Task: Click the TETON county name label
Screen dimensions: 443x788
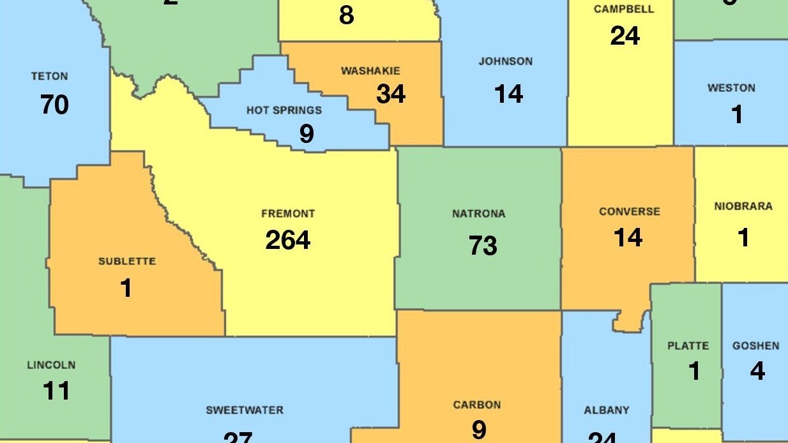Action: [x=49, y=77]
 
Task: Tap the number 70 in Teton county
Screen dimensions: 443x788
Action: [x=54, y=105]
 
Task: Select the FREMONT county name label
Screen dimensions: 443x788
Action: [x=288, y=214]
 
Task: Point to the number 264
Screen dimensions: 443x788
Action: [x=288, y=241]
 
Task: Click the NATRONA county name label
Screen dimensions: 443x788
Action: [x=478, y=214]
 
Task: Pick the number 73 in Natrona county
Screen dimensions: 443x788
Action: [x=483, y=245]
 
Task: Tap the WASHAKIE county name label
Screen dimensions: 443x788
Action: [x=370, y=71]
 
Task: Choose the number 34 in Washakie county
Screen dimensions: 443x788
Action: [x=391, y=94]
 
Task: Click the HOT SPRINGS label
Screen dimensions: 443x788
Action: [x=284, y=110]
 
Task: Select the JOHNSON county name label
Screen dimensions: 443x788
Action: [x=505, y=62]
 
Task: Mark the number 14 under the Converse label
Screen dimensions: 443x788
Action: [x=628, y=237]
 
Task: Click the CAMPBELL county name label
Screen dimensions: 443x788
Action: [x=624, y=10]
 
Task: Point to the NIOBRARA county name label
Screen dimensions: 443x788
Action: [x=743, y=206]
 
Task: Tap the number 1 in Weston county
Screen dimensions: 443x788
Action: [x=737, y=115]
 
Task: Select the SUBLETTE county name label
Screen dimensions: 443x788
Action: [x=126, y=262]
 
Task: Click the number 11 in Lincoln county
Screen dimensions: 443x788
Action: [x=56, y=391]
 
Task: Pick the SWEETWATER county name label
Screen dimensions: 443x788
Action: [x=245, y=410]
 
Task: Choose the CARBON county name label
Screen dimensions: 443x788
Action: [x=476, y=405]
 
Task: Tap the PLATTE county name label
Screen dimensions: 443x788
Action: [x=688, y=346]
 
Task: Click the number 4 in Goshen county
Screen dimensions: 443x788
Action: [x=757, y=371]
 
